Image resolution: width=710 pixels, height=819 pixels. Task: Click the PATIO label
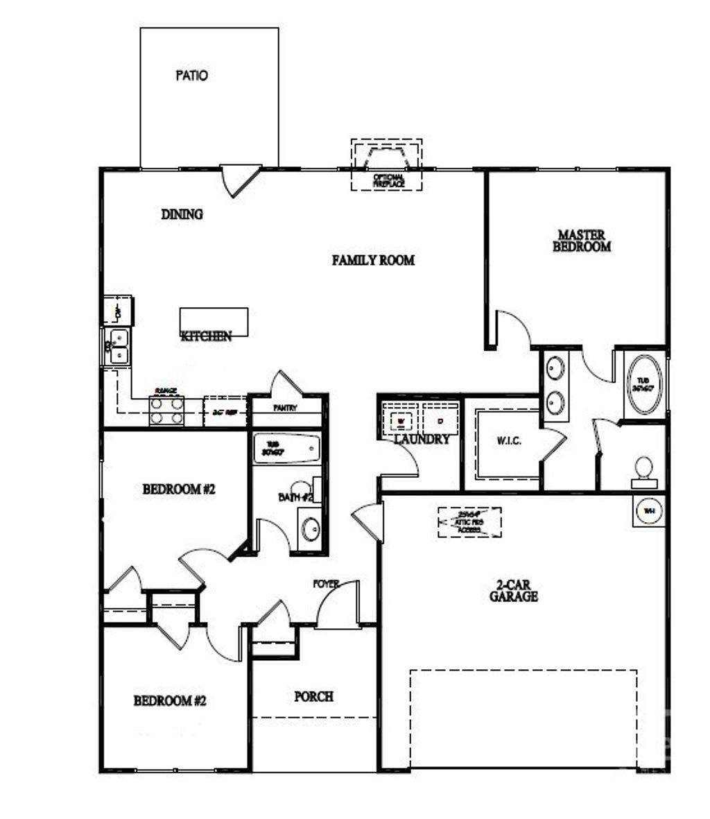(x=191, y=76)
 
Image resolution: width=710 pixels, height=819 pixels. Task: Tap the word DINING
(x=182, y=214)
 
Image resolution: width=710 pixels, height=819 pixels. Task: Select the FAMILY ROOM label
(x=373, y=260)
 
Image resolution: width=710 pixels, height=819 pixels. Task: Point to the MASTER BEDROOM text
(x=582, y=241)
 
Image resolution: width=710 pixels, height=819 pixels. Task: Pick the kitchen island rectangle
(x=214, y=321)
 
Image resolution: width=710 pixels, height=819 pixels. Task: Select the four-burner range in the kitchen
(x=167, y=411)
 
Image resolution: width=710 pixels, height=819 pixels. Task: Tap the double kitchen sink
(x=119, y=347)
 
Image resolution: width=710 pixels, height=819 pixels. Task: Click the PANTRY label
(x=285, y=408)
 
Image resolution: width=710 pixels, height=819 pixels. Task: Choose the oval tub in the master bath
(x=644, y=386)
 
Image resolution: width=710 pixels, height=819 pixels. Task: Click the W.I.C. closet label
(x=509, y=442)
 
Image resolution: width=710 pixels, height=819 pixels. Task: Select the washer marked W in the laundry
(x=401, y=420)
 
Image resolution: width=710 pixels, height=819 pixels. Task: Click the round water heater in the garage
(x=649, y=511)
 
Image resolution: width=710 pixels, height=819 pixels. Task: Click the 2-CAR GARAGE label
(x=514, y=591)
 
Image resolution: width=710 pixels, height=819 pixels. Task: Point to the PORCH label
(x=314, y=696)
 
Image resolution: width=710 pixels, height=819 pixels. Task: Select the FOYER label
(x=325, y=584)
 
